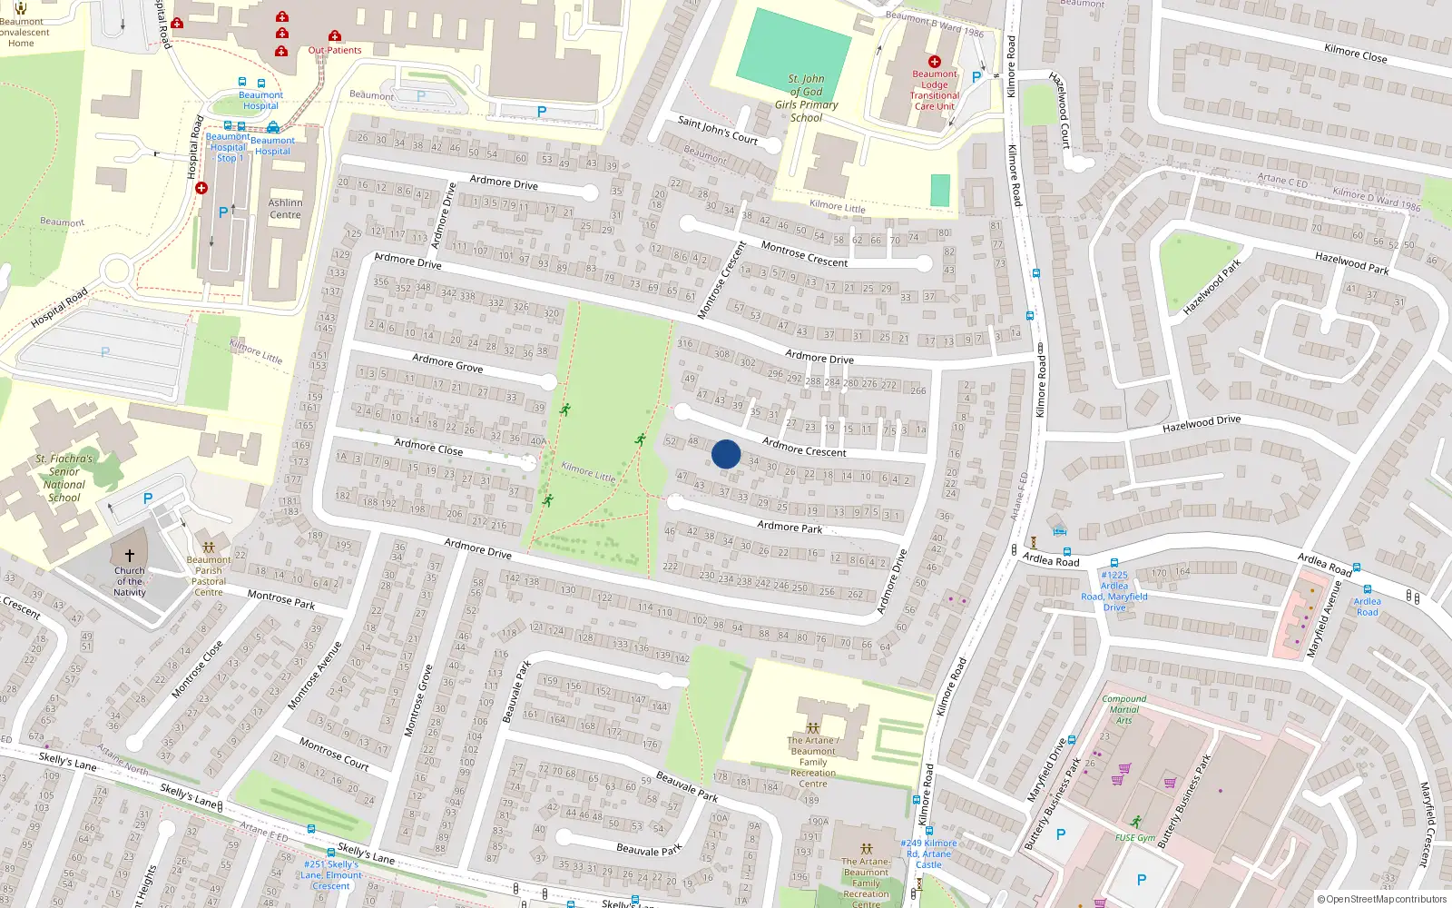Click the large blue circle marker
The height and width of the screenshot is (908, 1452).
coord(726,454)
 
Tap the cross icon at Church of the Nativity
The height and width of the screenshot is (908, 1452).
coord(130,556)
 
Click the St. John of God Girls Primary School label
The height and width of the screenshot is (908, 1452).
coord(806,98)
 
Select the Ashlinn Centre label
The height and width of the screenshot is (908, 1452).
coord(285,209)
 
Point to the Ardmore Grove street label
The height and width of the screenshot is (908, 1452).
coord(447,363)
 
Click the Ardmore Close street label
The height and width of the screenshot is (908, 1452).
coord(428,447)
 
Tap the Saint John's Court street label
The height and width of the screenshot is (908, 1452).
coord(717,130)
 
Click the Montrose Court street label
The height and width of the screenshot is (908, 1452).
coord(333,754)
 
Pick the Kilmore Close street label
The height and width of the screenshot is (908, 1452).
coord(1355,54)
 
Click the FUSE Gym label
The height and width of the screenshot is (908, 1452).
coord(1135,837)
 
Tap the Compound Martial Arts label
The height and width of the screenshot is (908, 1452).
coord(1123,709)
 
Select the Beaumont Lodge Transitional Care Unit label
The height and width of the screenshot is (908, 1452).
coord(934,90)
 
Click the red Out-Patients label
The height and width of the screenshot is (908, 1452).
coord(335,50)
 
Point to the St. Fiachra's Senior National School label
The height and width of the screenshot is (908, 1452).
coord(64,478)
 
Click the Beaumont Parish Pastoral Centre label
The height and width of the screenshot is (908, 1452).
coord(209,576)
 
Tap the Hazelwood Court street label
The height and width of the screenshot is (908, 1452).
coord(1060,110)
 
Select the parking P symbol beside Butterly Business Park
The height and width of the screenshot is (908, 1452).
coord(1060,834)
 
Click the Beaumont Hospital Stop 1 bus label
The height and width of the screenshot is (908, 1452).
coord(228,147)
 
